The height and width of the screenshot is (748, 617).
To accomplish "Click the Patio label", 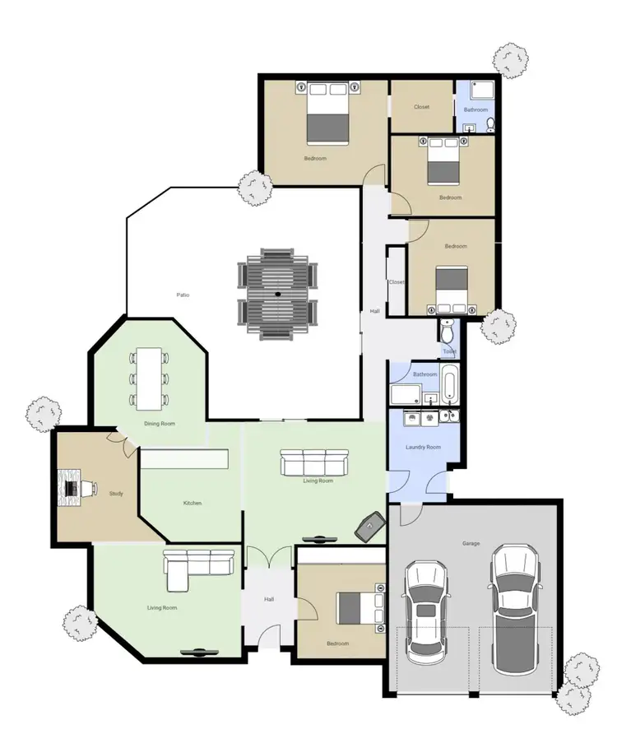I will [x=183, y=295].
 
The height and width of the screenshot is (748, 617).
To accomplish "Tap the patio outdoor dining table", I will [x=277, y=293].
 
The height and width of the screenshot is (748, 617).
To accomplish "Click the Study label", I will [x=116, y=493].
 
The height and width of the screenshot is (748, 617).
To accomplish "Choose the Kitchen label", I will [x=193, y=503].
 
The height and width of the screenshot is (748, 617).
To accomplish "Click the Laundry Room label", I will [x=424, y=447].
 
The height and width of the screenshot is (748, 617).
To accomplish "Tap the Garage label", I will [x=471, y=543].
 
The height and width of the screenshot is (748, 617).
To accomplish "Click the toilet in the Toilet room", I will [x=448, y=332].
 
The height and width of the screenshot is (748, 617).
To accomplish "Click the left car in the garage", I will [x=426, y=611].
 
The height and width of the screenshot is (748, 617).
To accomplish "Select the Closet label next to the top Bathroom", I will [x=421, y=107].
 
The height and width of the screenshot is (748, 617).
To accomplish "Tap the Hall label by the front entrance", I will [x=269, y=599].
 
